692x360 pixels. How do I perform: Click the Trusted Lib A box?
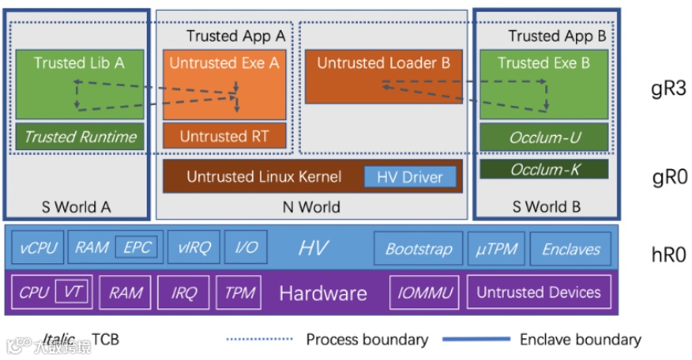80,83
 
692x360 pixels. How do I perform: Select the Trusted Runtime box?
80,137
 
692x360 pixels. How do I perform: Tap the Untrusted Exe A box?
224,83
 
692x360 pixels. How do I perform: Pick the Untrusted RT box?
224,136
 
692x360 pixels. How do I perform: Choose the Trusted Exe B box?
544,83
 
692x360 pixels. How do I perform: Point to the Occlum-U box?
544,137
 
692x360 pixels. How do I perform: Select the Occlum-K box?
544,169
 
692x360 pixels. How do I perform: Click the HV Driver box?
410,177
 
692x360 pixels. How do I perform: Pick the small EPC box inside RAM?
136,248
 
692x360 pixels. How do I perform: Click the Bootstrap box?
418,248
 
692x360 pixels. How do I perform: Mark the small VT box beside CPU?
71,292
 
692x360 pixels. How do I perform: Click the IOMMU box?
424,292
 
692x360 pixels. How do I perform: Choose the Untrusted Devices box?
539,292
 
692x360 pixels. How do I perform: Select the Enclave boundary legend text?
580,339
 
